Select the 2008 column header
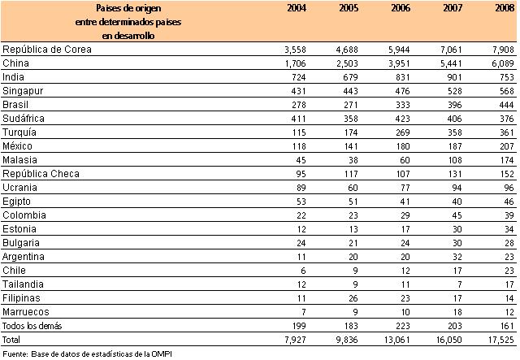504,8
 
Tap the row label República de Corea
47,50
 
